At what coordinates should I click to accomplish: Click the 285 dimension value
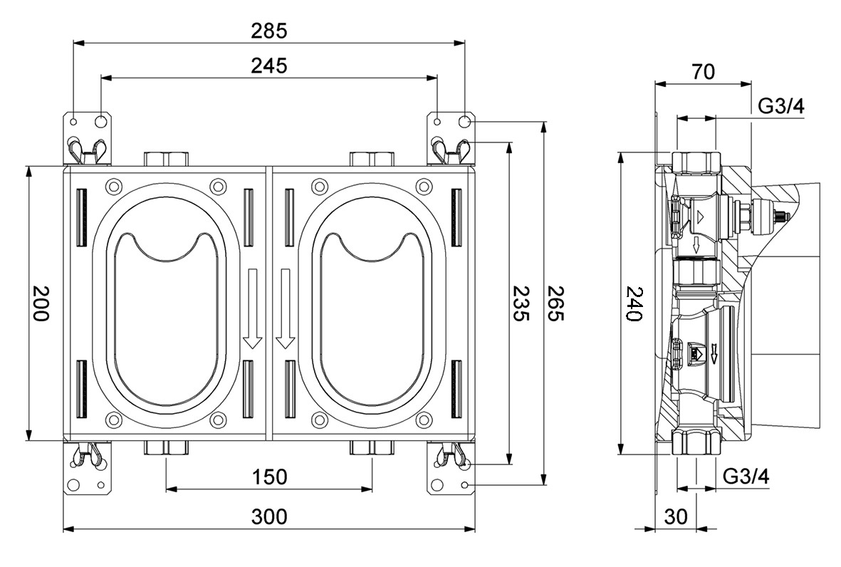269,31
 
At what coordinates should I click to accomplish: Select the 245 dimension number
269,66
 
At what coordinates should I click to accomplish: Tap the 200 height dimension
40,303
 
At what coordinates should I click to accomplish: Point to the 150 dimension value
269,477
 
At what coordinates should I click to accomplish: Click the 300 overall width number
269,516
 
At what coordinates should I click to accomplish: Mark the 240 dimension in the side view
633,303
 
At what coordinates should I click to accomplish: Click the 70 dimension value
703,71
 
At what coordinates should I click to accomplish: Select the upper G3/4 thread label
780,107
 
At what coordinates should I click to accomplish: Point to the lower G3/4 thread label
746,477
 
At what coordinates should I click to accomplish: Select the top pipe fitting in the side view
696,163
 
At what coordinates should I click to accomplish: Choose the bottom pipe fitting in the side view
696,442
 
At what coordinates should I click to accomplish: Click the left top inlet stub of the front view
165,158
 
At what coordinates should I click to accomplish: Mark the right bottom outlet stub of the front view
372,448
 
